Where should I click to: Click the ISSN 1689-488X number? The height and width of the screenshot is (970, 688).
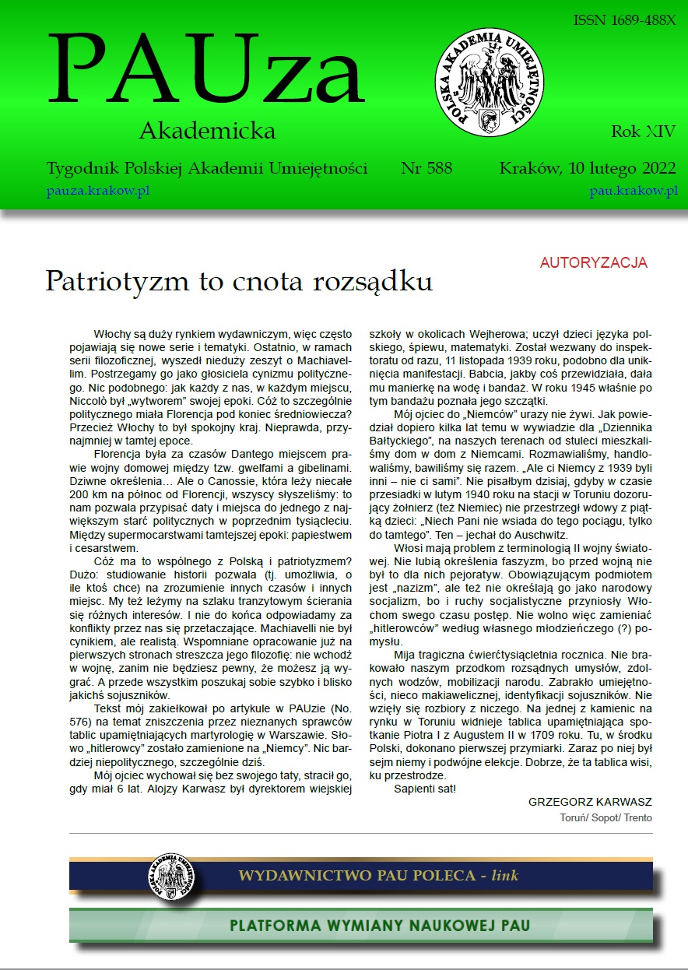pyautogui.click(x=624, y=20)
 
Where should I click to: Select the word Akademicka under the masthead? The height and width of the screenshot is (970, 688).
pyautogui.click(x=207, y=131)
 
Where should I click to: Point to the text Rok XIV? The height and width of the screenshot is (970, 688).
pyautogui.click(x=643, y=131)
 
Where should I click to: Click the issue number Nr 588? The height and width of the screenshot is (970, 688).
pyautogui.click(x=426, y=168)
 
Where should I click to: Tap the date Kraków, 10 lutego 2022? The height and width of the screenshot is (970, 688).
pyautogui.click(x=588, y=168)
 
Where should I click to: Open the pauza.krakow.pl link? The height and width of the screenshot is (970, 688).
pyautogui.click(x=97, y=191)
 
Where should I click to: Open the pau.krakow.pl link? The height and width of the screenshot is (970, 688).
pyautogui.click(x=634, y=191)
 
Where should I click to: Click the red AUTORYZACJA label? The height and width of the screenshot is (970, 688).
pyautogui.click(x=593, y=263)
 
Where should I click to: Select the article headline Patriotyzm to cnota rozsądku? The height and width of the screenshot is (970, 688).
pyautogui.click(x=238, y=281)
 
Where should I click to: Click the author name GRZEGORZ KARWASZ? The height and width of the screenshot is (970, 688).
pyautogui.click(x=590, y=802)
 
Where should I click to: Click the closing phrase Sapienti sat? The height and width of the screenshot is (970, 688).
pyautogui.click(x=424, y=788)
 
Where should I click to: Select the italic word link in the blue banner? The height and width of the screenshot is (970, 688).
pyautogui.click(x=504, y=876)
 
